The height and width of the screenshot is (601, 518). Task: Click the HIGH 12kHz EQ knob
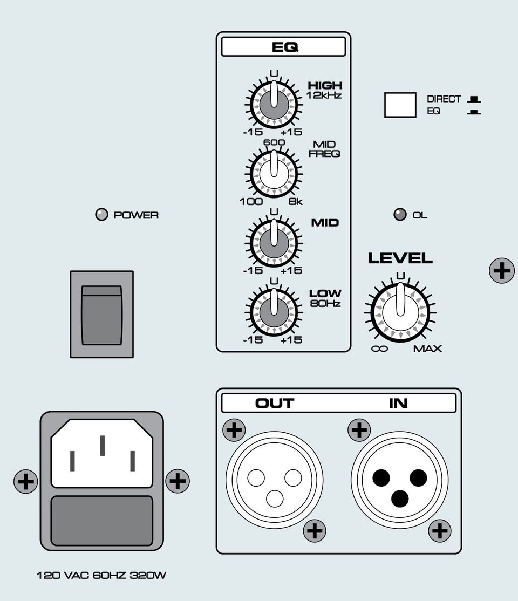[x=274, y=104]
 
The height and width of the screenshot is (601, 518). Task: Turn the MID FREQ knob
[x=274, y=174]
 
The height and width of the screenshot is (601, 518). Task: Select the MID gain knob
[x=274, y=243]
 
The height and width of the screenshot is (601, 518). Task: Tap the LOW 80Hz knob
[x=274, y=312]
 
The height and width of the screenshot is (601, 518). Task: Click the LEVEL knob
[x=400, y=312]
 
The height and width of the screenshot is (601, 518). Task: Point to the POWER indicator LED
[x=101, y=215]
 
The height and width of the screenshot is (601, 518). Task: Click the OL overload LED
[x=400, y=215]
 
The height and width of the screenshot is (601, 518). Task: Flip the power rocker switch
[x=101, y=315]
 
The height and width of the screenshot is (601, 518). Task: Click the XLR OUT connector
[x=275, y=480]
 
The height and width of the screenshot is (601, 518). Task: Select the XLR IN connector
[x=399, y=480]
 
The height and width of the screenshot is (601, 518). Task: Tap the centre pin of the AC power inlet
[x=103, y=446]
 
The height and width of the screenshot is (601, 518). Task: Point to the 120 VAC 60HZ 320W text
[x=101, y=575]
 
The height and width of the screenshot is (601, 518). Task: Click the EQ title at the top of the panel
[x=285, y=47]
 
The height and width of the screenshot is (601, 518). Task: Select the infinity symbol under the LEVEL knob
[x=379, y=349]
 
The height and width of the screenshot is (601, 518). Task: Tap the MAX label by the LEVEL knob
[x=427, y=349]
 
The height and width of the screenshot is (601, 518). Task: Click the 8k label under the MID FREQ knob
[x=296, y=202]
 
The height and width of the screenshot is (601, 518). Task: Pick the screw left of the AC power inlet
[x=26, y=481]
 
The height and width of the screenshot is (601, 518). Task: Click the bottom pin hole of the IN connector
[x=400, y=498]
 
